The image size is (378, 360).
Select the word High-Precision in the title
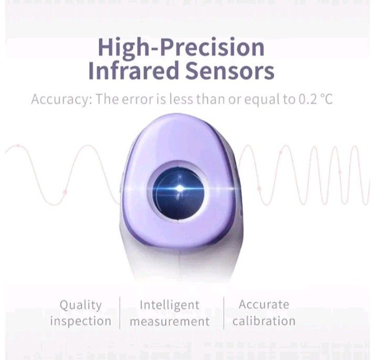pos(181,47)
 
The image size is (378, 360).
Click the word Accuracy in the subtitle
pos(58,99)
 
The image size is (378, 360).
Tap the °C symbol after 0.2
pos(327,99)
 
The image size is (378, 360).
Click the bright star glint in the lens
pos(180,188)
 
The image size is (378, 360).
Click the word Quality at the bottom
pos(80,305)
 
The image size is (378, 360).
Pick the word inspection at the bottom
pos(80,321)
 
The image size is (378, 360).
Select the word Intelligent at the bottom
pos(170,305)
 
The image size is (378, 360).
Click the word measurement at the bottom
pos(170,321)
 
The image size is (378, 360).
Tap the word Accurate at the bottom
pos(264,304)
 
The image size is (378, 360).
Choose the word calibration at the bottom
pos(264,321)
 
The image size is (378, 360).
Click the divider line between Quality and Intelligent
pos(120,313)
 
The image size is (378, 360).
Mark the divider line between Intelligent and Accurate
pos(224,313)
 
